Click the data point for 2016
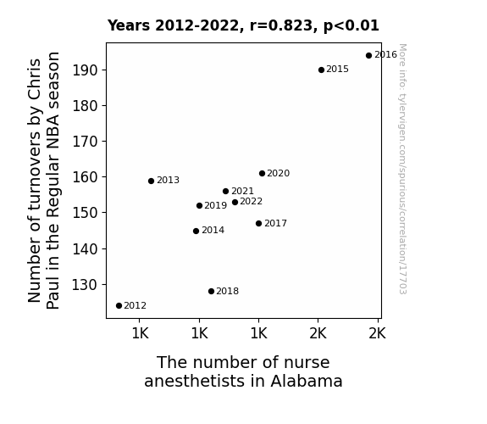pyautogui.click(x=368, y=56)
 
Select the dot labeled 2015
pyautogui.click(x=322, y=70)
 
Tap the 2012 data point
pyautogui.click(x=119, y=306)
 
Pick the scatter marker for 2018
pyautogui.click(x=211, y=292)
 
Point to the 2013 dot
pyautogui.click(x=152, y=181)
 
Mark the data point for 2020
pyautogui.click(x=263, y=174)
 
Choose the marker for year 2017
pyautogui.click(x=258, y=223)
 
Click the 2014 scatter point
pyautogui.click(x=196, y=232)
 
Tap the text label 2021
pyautogui.click(x=242, y=191)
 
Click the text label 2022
pyautogui.click(x=252, y=202)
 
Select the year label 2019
pyautogui.click(x=216, y=205)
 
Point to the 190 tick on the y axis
pyautogui.click(x=85, y=70)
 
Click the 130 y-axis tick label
pyautogui.click(x=85, y=285)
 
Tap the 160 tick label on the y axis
pyautogui.click(x=85, y=177)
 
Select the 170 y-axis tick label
pyautogui.click(x=85, y=142)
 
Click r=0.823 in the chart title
pyautogui.click(x=281, y=25)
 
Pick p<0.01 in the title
pyautogui.click(x=351, y=26)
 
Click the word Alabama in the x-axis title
pyautogui.click(x=307, y=382)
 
